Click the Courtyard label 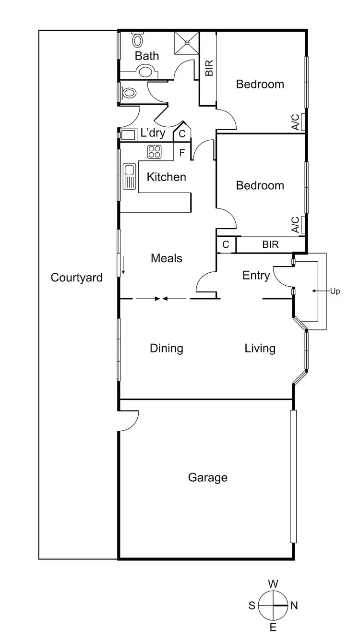click(77, 278)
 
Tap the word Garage click(207, 477)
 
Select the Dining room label click(167, 348)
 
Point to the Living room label click(260, 348)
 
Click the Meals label click(167, 258)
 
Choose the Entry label click(256, 275)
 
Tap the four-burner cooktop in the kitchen click(155, 152)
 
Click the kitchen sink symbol click(129, 176)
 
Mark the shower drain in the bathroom click(187, 42)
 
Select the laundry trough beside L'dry click(128, 134)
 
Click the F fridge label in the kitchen click(181, 154)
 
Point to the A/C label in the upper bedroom click(295, 122)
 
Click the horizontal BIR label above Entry click(270, 244)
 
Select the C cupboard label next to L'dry click(182, 134)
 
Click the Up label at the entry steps click(335, 291)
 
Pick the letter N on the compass click(294, 606)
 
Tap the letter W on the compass click(273, 584)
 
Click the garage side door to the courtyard click(129, 420)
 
